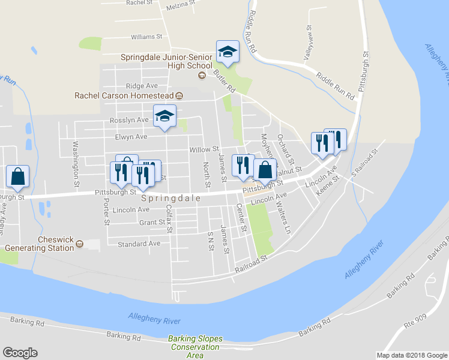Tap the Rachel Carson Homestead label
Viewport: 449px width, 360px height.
(x=123, y=95)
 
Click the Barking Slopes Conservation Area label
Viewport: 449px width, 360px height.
(x=194, y=347)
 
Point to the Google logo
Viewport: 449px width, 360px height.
(x=20, y=353)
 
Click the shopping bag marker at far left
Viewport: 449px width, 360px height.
(x=18, y=176)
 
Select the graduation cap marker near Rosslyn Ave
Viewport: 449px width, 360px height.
(x=164, y=117)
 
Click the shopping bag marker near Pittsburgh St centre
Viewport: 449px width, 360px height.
(x=265, y=170)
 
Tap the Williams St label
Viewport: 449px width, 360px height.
(x=146, y=37)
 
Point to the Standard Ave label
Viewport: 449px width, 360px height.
(x=139, y=244)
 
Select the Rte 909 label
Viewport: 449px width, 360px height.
(x=416, y=320)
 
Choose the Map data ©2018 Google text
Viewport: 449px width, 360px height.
(x=411, y=355)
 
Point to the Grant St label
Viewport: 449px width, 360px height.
(x=152, y=223)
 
